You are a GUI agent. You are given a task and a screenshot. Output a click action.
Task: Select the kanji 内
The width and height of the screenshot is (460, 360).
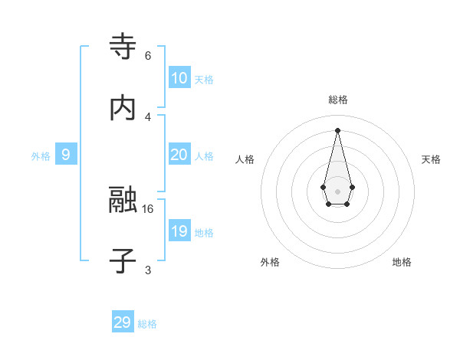tap(123, 109)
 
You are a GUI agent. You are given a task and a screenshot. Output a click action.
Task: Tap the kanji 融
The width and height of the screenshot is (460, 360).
tap(123, 201)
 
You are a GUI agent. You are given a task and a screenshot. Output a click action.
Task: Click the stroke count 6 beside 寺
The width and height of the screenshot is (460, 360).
tap(148, 56)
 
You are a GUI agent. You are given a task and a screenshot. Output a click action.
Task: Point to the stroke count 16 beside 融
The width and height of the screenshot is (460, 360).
tap(148, 208)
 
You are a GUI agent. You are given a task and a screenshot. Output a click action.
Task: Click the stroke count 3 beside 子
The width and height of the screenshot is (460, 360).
tap(148, 270)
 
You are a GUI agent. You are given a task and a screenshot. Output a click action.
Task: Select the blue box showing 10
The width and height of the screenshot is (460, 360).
tap(179, 78)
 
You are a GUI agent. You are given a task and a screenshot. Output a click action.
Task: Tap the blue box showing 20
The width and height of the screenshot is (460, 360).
tap(179, 155)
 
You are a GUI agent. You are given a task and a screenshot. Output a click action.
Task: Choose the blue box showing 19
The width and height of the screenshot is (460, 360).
tap(179, 231)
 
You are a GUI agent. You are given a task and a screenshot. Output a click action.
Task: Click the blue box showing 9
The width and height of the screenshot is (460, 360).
tap(66, 155)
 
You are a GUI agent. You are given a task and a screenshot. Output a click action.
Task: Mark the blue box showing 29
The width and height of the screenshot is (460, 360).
tap(122, 322)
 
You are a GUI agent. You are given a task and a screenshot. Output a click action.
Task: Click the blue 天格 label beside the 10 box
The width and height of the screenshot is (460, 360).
tap(204, 80)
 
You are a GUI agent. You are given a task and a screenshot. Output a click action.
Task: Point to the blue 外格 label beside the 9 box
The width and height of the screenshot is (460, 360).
tap(41, 156)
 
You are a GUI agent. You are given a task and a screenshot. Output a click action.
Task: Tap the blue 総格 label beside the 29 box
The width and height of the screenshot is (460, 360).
tap(147, 324)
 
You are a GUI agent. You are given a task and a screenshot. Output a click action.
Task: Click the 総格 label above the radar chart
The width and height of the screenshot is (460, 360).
tap(338, 100)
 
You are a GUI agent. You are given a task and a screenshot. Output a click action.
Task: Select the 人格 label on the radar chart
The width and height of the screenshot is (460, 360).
tap(245, 159)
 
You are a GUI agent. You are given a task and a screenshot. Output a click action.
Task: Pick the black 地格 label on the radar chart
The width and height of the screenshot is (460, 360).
tap(402, 262)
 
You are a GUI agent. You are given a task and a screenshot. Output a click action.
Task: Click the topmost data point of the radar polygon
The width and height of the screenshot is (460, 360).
tap(338, 129)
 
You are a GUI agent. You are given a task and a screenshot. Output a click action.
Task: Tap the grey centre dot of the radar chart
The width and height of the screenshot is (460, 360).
tap(338, 191)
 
